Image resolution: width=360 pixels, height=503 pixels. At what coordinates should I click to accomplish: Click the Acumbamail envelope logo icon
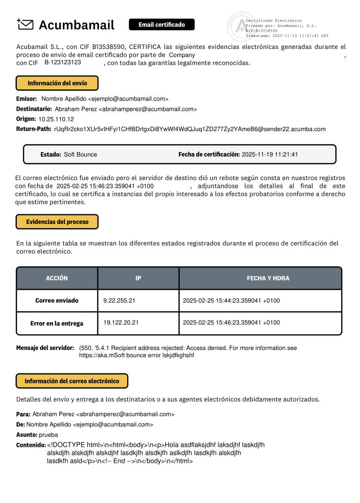(x=25, y=24)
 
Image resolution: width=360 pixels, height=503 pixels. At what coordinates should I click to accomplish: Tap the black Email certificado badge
(x=161, y=24)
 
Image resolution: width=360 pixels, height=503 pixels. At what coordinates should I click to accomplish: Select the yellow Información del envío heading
(x=57, y=83)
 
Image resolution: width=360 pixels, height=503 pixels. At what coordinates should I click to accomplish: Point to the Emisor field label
(x=27, y=98)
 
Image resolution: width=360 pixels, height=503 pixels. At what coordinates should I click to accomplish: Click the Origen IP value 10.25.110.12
(x=56, y=119)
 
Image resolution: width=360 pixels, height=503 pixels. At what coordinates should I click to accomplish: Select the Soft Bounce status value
(x=80, y=154)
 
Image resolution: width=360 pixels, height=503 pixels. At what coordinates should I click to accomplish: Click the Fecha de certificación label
(x=209, y=154)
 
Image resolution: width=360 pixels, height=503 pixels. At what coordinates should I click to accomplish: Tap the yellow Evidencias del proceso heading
(x=57, y=222)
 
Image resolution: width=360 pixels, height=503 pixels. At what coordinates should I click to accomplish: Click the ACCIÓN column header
(x=57, y=278)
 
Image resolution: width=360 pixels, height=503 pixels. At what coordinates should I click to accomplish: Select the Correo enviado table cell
(x=57, y=301)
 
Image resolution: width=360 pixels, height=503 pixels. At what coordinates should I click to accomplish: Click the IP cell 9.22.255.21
(x=119, y=301)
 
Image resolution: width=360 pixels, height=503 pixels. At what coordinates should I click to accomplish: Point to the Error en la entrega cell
(x=57, y=323)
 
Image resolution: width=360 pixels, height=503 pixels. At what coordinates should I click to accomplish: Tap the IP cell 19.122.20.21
(x=121, y=322)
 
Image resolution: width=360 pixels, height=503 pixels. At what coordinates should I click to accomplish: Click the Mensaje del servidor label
(x=45, y=348)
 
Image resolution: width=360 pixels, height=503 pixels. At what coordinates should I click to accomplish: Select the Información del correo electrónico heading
(x=72, y=381)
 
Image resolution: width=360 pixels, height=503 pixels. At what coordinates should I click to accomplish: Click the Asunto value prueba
(x=49, y=435)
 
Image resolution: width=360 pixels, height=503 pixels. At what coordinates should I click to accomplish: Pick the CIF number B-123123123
(x=63, y=62)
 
